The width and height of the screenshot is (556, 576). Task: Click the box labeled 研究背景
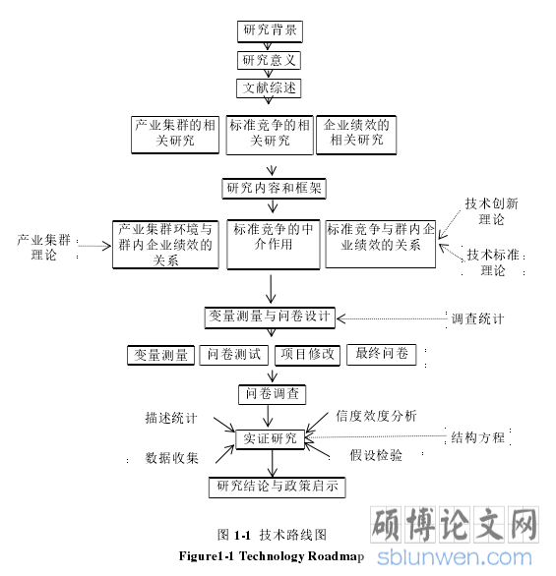(x=270, y=31)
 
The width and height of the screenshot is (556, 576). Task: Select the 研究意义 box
(x=270, y=60)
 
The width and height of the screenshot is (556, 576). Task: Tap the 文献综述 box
(x=269, y=88)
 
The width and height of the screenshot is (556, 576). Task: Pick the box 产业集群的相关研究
(x=175, y=135)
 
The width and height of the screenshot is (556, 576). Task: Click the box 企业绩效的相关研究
(x=356, y=135)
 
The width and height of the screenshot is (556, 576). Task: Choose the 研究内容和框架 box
(x=274, y=189)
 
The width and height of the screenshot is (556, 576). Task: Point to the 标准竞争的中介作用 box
(x=274, y=245)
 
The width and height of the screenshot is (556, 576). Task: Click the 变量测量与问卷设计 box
(x=270, y=317)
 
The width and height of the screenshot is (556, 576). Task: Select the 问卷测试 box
(x=234, y=355)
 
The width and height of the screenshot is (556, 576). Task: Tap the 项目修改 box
(x=307, y=355)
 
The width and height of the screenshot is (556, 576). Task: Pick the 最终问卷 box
(x=382, y=355)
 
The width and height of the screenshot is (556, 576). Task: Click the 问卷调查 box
(x=273, y=395)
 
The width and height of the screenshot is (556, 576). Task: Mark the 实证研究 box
(x=271, y=439)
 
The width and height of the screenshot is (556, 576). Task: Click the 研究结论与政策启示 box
(x=278, y=488)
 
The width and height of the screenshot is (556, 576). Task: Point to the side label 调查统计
(x=477, y=318)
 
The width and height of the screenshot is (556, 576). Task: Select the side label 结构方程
(x=477, y=437)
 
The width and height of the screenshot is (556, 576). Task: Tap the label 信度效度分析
(x=376, y=416)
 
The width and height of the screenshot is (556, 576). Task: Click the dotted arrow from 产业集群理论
(x=94, y=246)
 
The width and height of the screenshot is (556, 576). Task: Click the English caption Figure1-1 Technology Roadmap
(x=272, y=556)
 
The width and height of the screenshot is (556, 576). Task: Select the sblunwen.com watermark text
(x=455, y=557)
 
